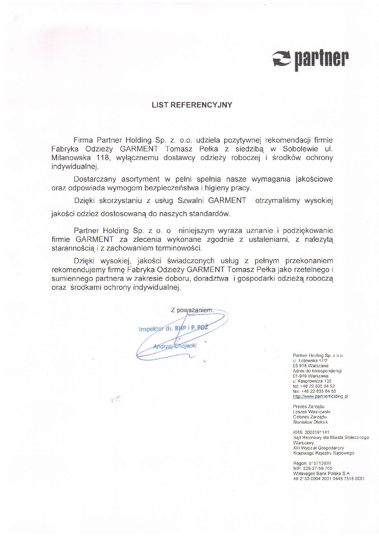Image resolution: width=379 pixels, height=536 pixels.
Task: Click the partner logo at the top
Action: pos(310,59)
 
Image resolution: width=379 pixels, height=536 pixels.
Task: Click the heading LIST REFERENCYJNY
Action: pos(192,105)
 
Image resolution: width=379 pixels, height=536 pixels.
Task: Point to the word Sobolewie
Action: pos(299,149)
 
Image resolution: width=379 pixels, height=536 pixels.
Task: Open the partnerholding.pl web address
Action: pos(320,397)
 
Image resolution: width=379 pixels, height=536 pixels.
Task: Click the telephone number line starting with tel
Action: pos(314,387)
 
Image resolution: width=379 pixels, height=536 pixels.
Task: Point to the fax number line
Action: pos(314,392)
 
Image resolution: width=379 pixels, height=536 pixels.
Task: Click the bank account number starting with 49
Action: pos(328,479)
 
